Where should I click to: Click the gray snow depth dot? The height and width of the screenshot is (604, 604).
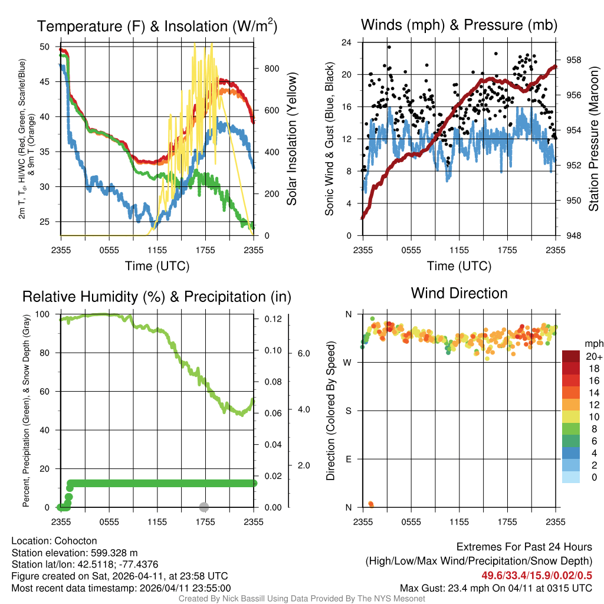tap(204, 507)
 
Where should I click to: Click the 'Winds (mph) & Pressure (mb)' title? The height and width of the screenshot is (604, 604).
tap(459, 25)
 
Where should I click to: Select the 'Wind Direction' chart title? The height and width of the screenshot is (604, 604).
tap(459, 293)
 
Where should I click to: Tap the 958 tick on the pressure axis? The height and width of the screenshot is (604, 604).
tap(575, 60)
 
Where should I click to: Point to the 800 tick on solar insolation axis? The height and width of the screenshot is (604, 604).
tap(272, 68)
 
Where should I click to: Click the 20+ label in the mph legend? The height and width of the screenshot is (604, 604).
tap(593, 356)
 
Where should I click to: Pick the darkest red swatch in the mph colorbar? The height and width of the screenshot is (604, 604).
tap(571, 356)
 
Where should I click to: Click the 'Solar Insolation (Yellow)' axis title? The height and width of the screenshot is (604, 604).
tap(291, 139)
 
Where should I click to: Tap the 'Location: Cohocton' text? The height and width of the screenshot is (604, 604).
tap(54, 541)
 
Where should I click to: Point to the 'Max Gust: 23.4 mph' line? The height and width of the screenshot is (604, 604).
tap(495, 588)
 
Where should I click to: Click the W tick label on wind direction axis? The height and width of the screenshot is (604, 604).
tap(347, 362)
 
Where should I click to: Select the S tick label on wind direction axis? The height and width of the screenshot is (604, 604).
tap(348, 411)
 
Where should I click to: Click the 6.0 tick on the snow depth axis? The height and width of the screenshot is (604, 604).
tap(303, 353)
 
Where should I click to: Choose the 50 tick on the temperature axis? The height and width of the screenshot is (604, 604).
tap(45, 46)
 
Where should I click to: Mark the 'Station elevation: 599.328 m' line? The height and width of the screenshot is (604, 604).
tap(74, 553)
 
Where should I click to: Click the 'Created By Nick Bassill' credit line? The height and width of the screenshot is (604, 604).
tap(301, 599)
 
